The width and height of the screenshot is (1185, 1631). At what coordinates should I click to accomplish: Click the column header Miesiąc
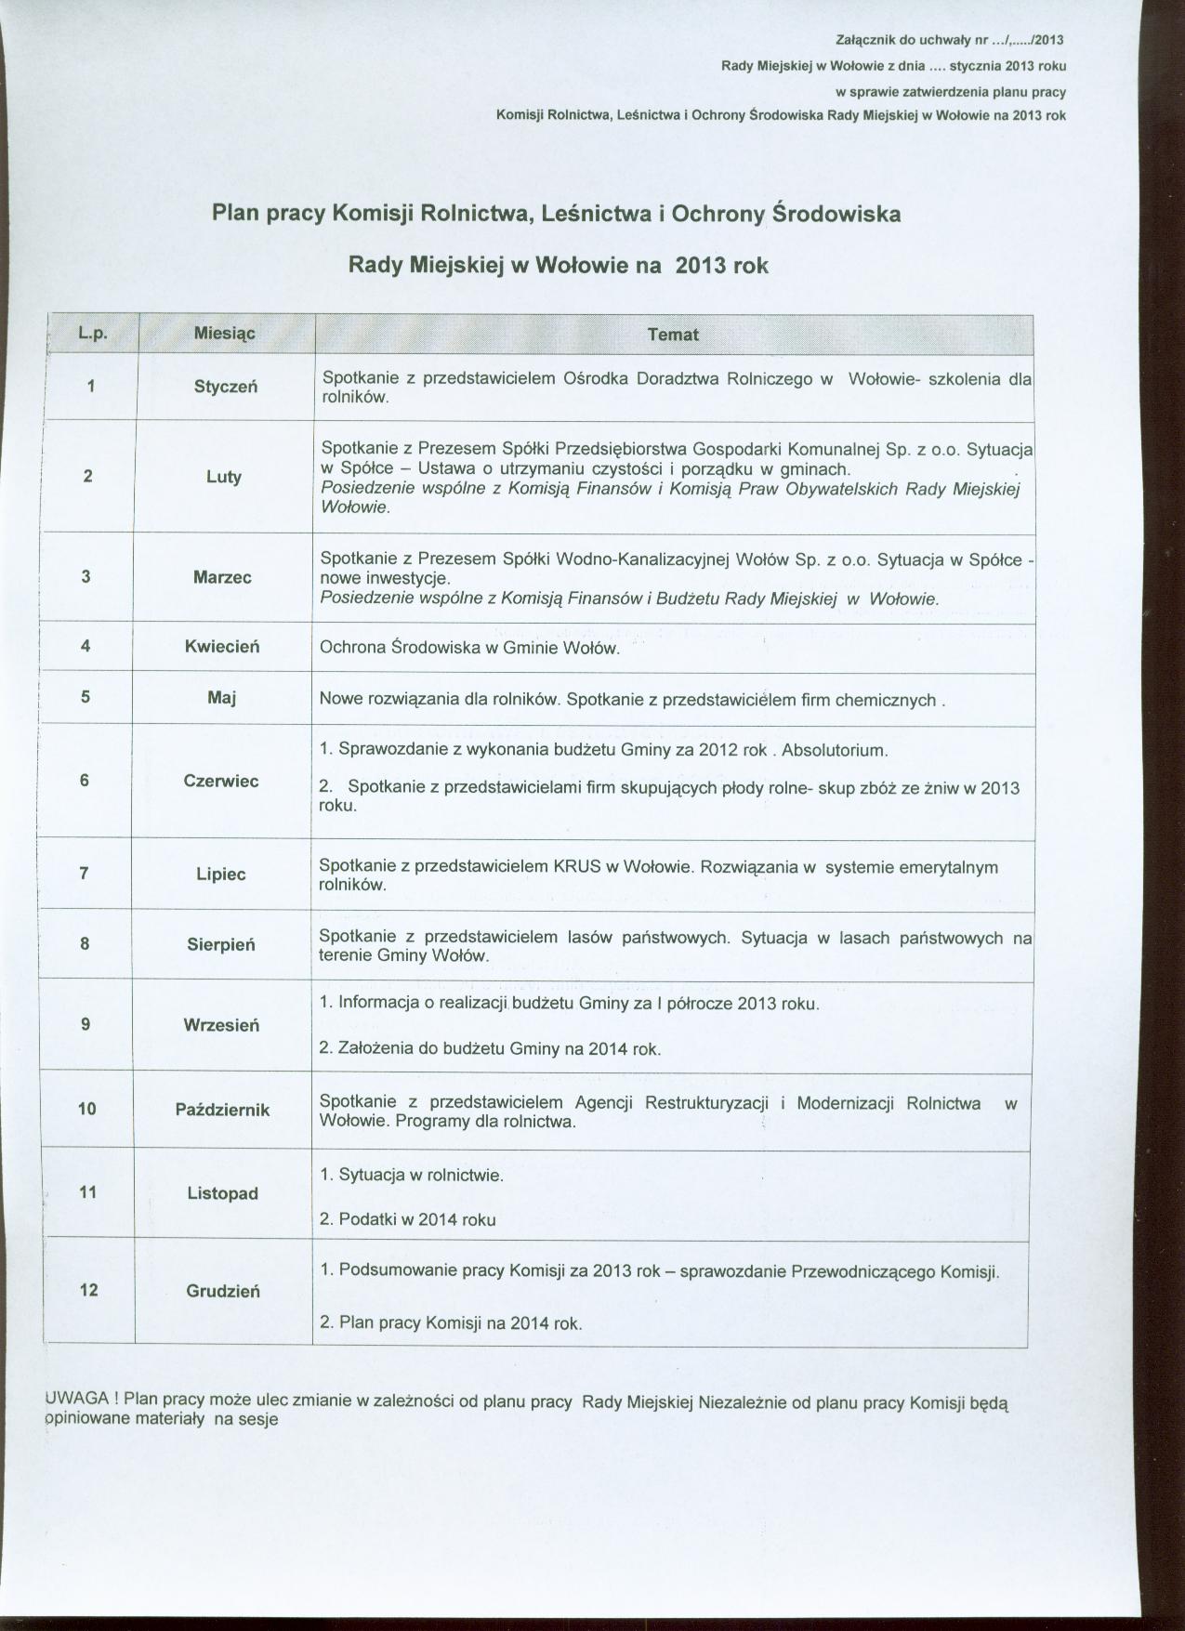(x=224, y=333)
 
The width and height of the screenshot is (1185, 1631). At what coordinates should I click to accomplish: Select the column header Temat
(x=672, y=335)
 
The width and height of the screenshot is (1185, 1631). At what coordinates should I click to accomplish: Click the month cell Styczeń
(x=225, y=387)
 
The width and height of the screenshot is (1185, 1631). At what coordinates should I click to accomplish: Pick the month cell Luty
(x=224, y=477)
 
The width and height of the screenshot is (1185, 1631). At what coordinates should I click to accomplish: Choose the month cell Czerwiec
(x=221, y=781)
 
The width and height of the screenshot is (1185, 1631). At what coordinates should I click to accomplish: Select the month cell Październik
(x=223, y=1110)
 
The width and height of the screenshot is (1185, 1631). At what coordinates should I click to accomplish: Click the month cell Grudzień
(x=223, y=1291)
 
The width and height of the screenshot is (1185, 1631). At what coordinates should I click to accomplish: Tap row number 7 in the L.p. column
(x=85, y=873)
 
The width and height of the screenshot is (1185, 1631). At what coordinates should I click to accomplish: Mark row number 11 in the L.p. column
(x=88, y=1191)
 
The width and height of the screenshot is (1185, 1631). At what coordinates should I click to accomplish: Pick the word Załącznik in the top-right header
(x=867, y=40)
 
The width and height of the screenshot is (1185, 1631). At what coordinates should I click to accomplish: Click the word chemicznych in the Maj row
(x=885, y=699)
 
